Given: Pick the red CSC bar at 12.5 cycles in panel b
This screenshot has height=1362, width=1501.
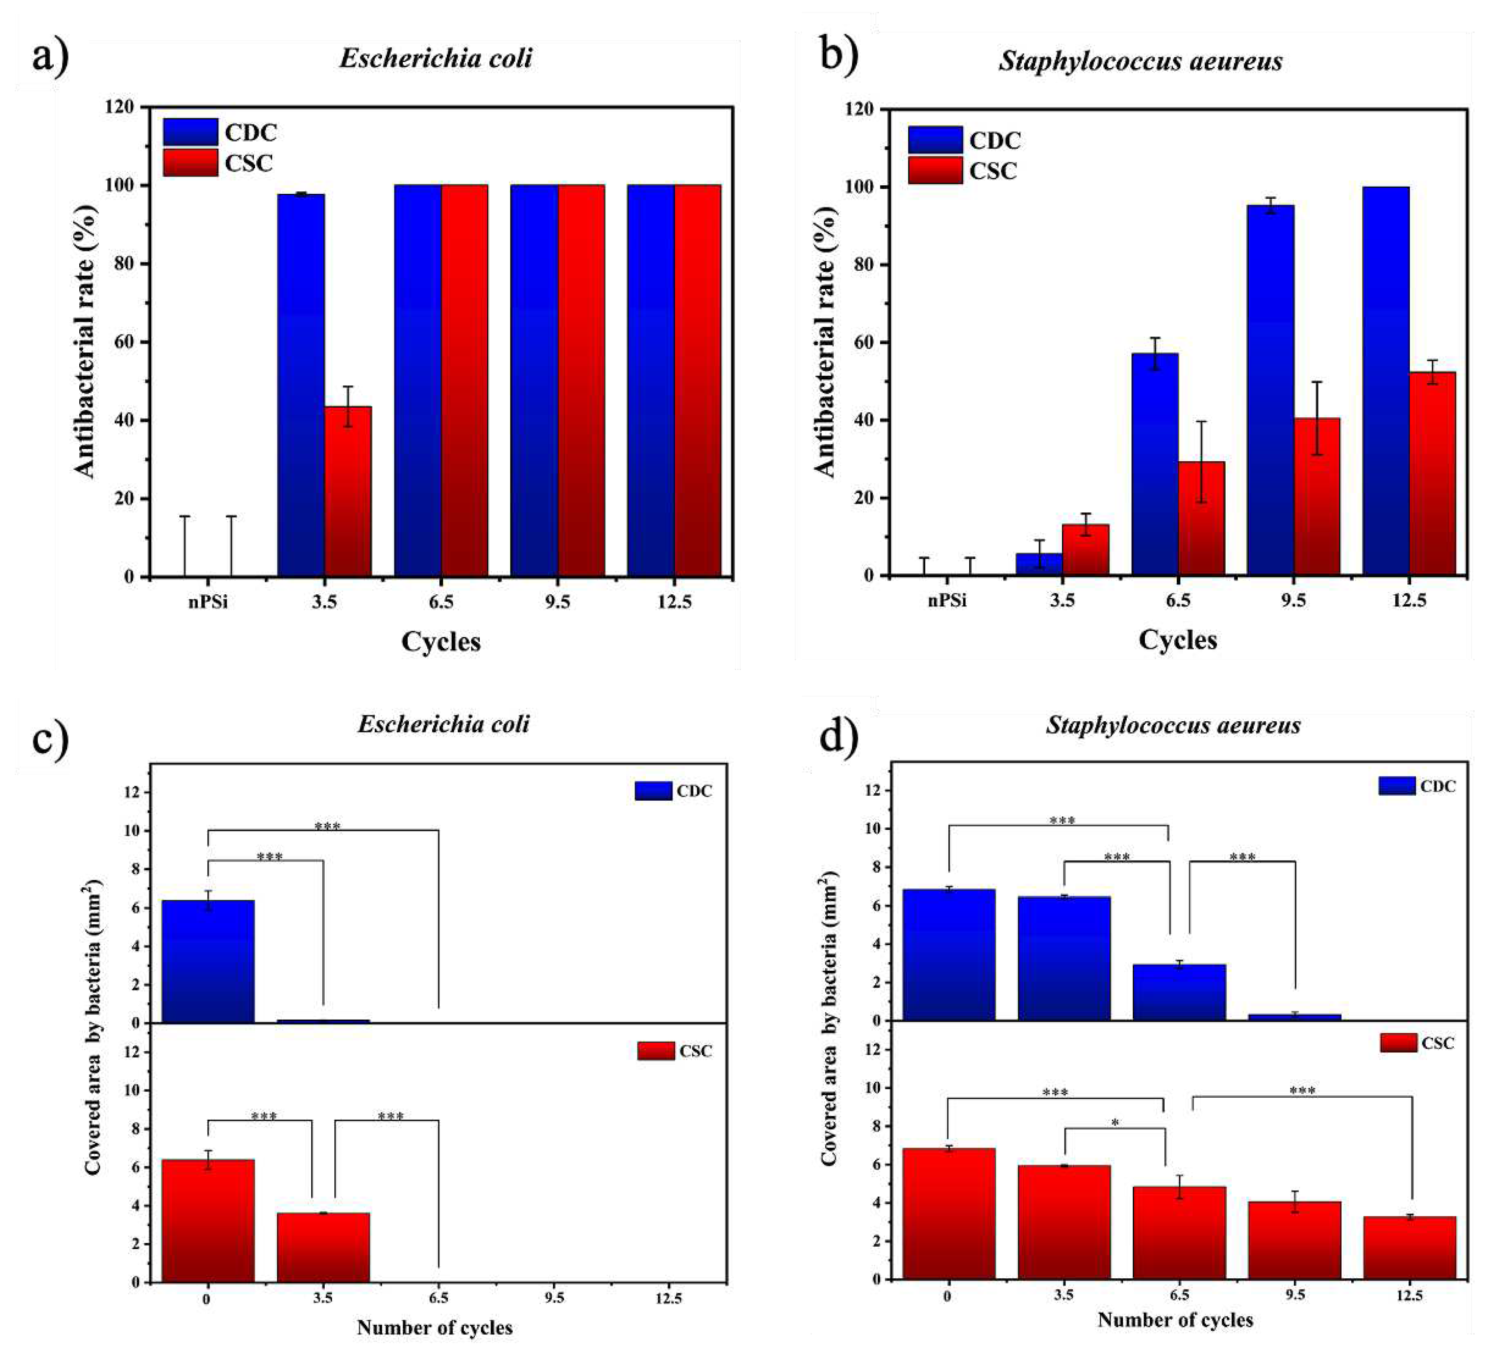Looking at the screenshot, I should [x=1432, y=474].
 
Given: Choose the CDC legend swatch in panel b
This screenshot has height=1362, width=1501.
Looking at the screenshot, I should [x=935, y=140].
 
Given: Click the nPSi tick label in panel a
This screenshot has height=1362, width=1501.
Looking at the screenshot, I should [x=208, y=602].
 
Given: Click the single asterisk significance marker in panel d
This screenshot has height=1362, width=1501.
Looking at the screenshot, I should [x=1115, y=1122].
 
